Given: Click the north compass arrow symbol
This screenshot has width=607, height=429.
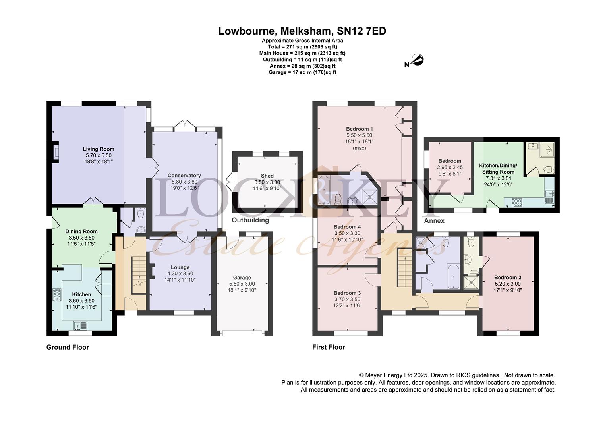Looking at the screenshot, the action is click(x=417, y=60).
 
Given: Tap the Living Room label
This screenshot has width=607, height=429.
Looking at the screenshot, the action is click(x=99, y=149).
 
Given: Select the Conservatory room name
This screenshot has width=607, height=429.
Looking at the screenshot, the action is click(x=184, y=175).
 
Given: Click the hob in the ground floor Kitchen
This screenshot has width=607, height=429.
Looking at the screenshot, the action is click(x=57, y=295).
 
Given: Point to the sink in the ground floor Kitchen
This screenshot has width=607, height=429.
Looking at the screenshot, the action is click(x=80, y=325).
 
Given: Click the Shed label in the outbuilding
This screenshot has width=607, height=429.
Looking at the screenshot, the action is click(x=267, y=176).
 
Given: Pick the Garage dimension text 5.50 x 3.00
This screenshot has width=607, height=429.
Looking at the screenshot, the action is click(x=242, y=284).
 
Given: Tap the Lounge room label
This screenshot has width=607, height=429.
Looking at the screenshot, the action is click(x=180, y=267).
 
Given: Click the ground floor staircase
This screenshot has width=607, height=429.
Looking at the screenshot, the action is click(x=139, y=275).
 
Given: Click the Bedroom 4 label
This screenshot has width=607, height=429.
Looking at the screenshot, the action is click(x=347, y=227).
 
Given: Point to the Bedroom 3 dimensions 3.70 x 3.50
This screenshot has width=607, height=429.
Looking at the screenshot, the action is click(x=347, y=299).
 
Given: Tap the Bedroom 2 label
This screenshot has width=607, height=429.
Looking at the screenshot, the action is click(x=508, y=278).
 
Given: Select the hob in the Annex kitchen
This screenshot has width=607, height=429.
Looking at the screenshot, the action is click(x=517, y=203).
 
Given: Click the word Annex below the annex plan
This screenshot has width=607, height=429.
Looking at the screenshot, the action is click(x=434, y=221).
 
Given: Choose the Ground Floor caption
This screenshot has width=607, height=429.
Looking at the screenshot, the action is click(x=68, y=347).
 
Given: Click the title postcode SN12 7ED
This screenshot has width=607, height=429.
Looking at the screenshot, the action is click(x=361, y=31).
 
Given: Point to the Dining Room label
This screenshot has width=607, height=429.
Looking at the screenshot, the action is click(x=81, y=232).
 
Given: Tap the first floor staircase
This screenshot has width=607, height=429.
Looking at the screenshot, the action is click(x=405, y=268).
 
